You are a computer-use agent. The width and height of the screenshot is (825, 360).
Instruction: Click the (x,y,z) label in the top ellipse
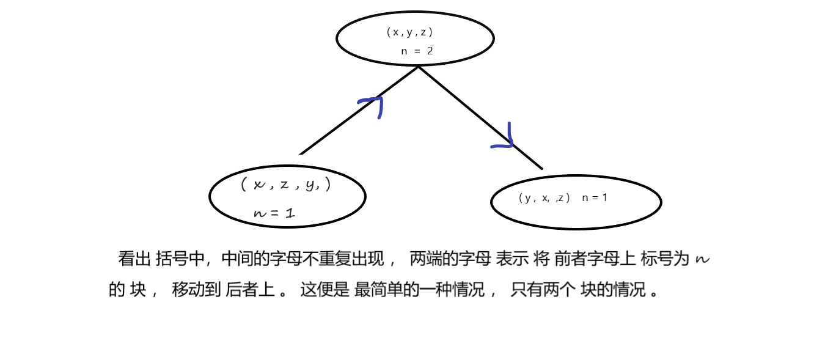click(x=409, y=32)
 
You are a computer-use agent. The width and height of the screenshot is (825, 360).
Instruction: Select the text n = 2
click(x=417, y=51)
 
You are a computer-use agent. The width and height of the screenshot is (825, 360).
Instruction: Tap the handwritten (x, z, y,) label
click(x=286, y=184)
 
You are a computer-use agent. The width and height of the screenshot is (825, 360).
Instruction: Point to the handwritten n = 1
click(x=274, y=213)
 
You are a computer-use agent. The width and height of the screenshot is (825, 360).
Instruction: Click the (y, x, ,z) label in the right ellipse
click(x=544, y=198)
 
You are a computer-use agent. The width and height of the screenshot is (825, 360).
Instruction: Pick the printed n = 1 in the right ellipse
click(x=595, y=198)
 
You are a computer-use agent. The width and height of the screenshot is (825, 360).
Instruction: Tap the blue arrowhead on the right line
click(x=504, y=139)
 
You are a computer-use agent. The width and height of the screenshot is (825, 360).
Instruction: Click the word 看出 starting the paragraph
click(x=134, y=259)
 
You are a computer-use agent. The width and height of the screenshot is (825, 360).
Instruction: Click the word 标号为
click(x=665, y=259)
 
